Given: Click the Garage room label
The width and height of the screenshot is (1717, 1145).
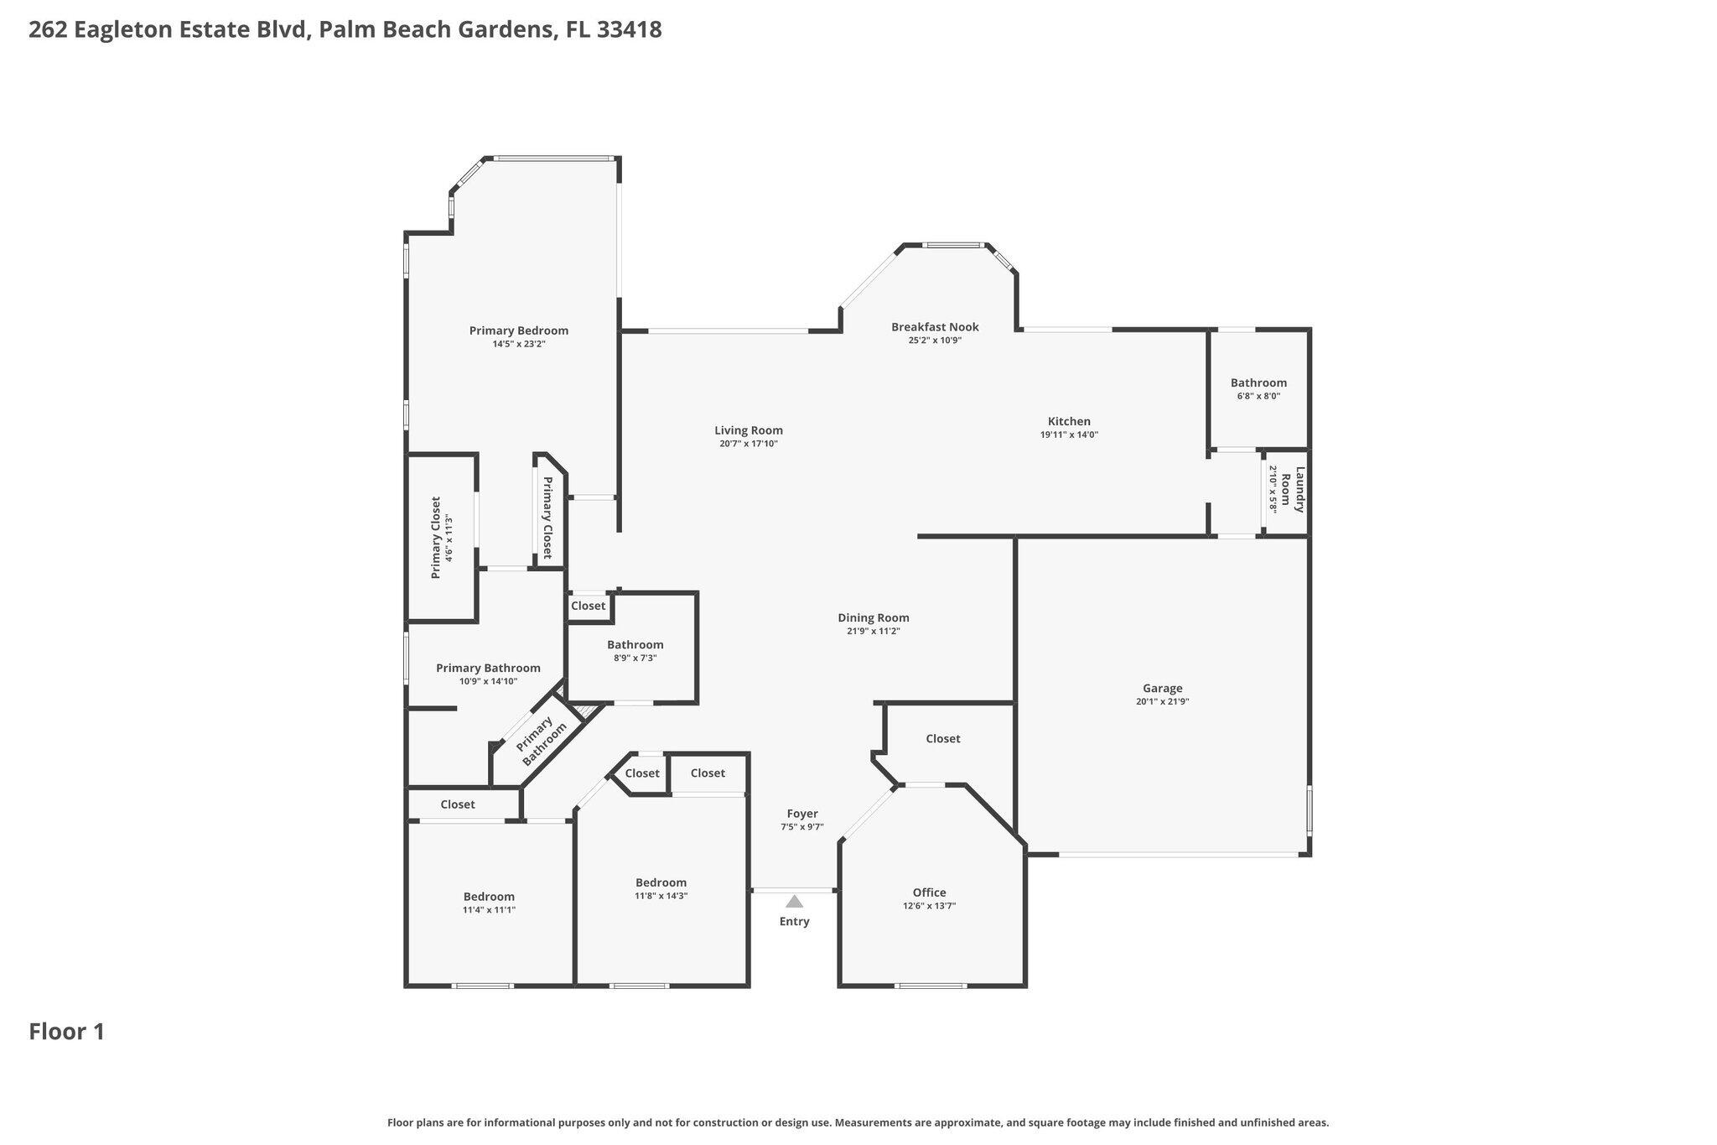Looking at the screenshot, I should (x=1162, y=688).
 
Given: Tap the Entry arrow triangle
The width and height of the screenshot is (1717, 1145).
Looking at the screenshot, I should (x=794, y=902).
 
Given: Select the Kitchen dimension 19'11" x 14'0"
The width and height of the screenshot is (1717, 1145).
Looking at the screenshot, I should (x=1069, y=435).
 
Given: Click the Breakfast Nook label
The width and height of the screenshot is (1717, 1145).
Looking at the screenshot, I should (x=935, y=327).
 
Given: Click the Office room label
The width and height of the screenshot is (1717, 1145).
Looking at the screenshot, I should (x=929, y=893).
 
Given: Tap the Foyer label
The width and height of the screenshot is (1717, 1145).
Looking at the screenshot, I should (x=802, y=814).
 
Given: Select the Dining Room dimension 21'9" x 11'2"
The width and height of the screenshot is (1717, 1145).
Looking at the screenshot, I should (x=874, y=631).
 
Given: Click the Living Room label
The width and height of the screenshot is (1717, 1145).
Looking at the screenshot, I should (x=749, y=430).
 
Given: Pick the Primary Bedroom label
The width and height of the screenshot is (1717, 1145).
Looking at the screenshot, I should (x=518, y=330).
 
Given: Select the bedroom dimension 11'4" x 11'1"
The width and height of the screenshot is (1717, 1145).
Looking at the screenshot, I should (x=489, y=909).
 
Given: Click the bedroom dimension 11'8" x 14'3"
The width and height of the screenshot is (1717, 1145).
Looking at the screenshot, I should (x=661, y=895).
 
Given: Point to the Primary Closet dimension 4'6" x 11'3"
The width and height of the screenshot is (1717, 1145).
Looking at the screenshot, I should (x=449, y=539).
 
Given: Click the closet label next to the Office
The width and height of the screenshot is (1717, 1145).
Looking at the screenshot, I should (x=942, y=738).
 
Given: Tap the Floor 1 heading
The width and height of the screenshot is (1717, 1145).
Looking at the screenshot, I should (x=67, y=1032).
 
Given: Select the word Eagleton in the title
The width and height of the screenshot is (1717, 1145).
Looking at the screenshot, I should (x=125, y=29).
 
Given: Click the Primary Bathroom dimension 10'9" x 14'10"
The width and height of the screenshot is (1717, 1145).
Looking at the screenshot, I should (x=488, y=681).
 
